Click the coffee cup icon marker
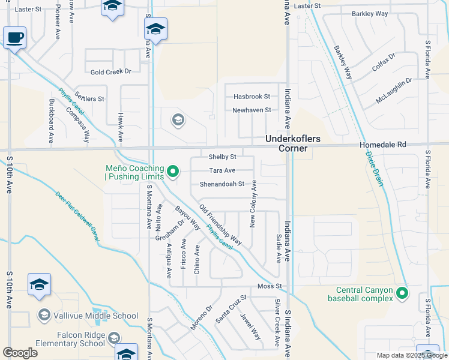coord(14,38)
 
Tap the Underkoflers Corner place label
coord(286,143)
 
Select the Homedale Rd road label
coord(383,145)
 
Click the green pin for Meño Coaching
coord(173,172)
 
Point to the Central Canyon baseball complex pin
coord(402,293)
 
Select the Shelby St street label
coord(223,157)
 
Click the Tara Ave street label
coord(222,170)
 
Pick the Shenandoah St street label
coord(222,184)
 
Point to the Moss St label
coord(270,287)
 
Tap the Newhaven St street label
coord(252,110)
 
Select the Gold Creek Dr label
coord(110,71)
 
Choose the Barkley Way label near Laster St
coord(370,13)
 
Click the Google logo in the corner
coord(20,353)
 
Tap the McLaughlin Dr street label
coord(394,89)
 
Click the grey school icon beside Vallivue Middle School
coord(44,315)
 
